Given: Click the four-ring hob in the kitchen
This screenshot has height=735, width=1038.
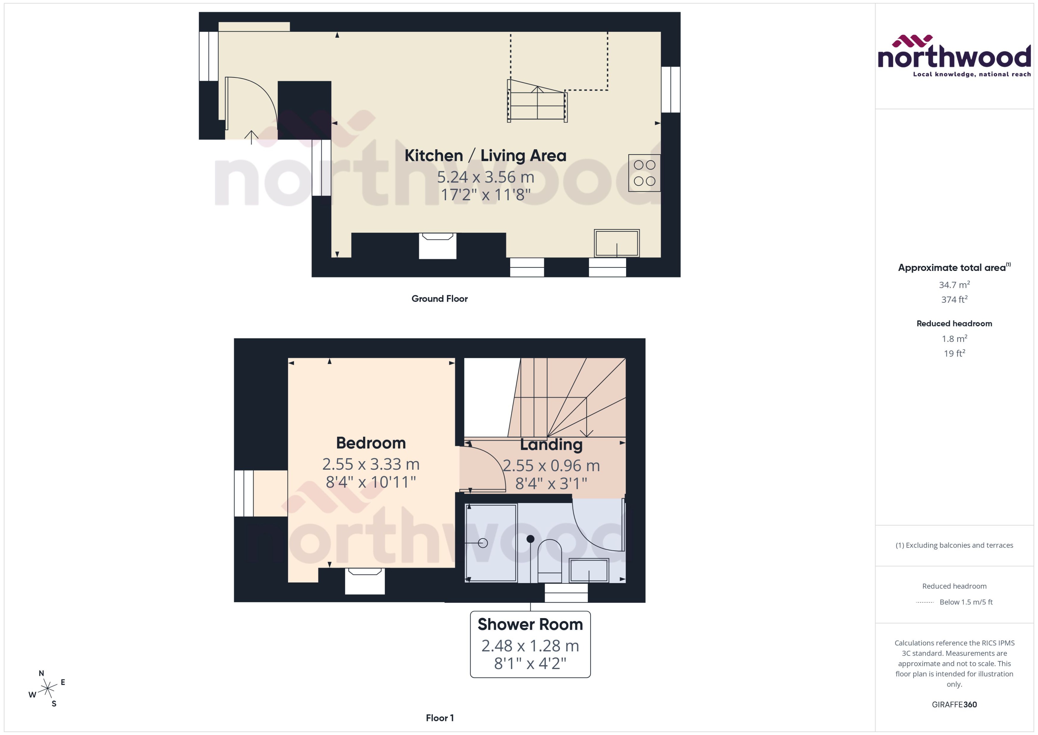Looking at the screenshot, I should point(644,173).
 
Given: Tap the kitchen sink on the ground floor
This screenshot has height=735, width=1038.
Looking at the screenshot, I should point(617,243).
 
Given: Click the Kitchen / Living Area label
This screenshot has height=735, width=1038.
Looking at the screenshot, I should point(485,156).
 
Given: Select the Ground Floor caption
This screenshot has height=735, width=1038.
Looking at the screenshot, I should point(439,299).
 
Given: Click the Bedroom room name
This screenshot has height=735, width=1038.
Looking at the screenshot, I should point(371,443).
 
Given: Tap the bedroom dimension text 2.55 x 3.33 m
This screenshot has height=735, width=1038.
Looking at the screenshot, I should point(371,464).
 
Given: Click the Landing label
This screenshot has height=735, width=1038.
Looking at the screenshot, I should point(551,445).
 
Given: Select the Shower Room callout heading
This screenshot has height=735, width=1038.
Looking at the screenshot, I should point(530,625).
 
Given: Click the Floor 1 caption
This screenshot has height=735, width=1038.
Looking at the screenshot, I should point(439,718).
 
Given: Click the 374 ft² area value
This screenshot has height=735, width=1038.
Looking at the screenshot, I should point(954,300).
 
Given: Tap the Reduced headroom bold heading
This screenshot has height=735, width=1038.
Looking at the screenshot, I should point(954,324).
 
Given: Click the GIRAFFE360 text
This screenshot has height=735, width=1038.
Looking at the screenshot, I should point(954,705).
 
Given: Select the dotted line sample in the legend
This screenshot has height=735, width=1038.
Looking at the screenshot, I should point(924,602).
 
